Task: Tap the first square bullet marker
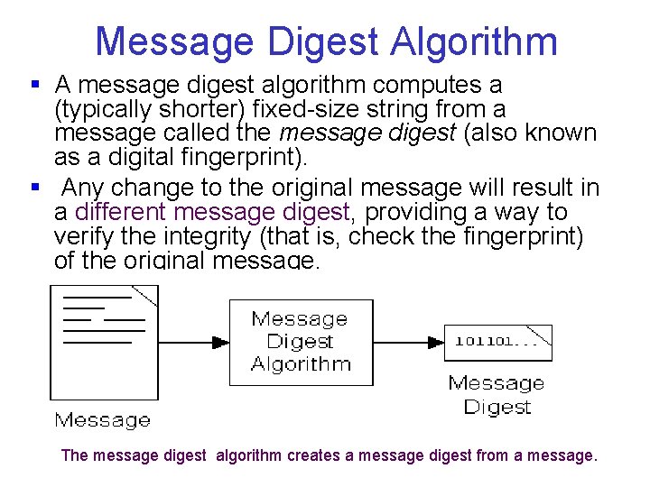[35, 85]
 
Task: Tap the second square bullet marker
[35, 188]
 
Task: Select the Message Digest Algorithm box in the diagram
[301, 342]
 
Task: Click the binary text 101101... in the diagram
[488, 341]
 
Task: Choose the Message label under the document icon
[103, 419]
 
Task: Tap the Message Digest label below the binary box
[497, 395]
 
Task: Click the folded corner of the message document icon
[144, 296]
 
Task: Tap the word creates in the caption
[314, 455]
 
